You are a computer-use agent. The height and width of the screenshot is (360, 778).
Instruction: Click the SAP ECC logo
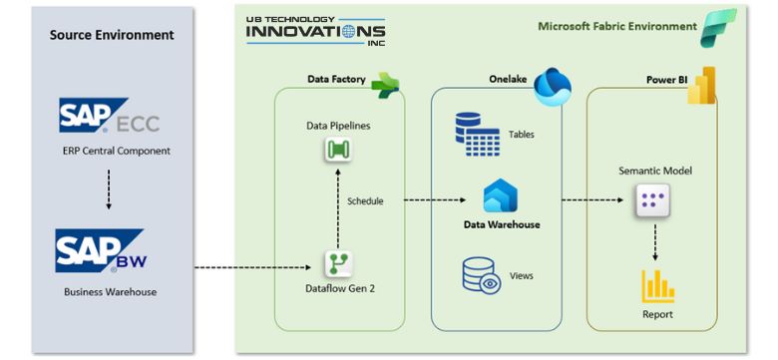(x=108, y=118)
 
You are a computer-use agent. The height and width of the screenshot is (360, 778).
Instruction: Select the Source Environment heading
(x=112, y=35)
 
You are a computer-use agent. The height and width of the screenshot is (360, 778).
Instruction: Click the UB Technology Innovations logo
(x=314, y=31)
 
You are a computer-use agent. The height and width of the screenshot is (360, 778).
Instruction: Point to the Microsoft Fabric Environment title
(x=616, y=26)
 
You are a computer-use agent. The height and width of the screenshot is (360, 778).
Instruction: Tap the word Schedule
(x=365, y=200)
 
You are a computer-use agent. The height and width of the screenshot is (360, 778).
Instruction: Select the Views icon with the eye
(x=481, y=275)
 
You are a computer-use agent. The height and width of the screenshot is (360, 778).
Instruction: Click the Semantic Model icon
(x=653, y=202)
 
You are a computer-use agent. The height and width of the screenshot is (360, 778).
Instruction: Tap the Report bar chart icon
(x=657, y=286)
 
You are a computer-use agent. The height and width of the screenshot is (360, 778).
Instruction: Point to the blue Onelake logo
(x=551, y=87)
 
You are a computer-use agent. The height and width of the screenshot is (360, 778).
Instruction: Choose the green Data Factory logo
(x=385, y=85)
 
